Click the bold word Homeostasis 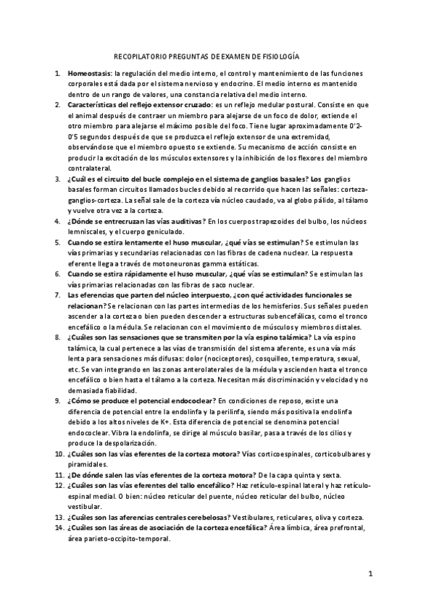pyautogui.click(x=89, y=74)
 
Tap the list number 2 pyautogui.click(x=58, y=105)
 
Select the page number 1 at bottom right pyautogui.click(x=370, y=575)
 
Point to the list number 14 pyautogui.click(x=59, y=528)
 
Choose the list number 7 pyautogui.click(x=58, y=295)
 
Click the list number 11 pyautogui.click(x=59, y=474)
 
